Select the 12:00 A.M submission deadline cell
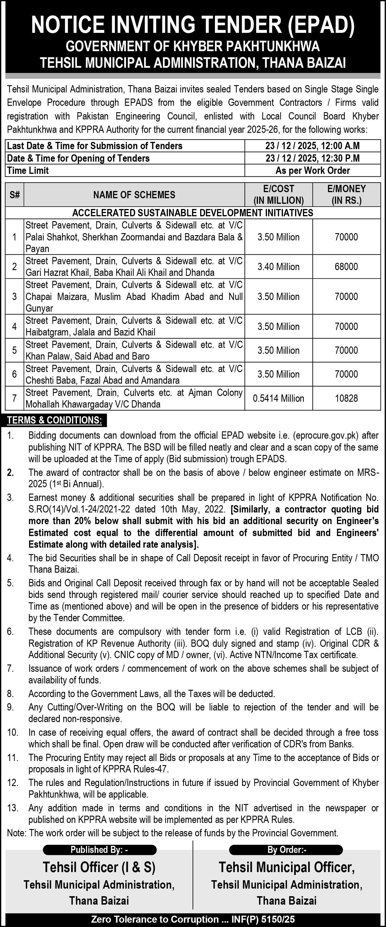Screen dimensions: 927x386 [312, 146]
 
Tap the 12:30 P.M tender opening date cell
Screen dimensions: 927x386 [312, 158]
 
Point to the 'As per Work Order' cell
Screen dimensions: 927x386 [312, 171]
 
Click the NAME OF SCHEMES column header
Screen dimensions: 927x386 [134, 195]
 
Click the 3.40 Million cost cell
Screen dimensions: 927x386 [279, 267]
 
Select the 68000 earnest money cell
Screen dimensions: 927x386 [346, 267]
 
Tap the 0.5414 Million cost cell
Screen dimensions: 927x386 [279, 398]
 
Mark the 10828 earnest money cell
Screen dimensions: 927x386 [346, 398]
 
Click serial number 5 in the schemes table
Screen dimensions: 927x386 [14, 350]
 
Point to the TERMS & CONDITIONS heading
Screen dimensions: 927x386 [55, 420]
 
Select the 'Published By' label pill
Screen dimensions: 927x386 [100, 850]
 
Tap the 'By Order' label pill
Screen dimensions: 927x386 [287, 850]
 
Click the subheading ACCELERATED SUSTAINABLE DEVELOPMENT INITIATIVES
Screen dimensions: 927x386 [193, 213]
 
